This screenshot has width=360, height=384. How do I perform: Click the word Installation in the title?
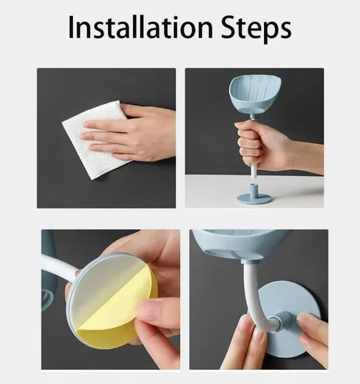click(x=141, y=27)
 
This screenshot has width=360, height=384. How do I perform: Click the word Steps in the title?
click(x=256, y=28)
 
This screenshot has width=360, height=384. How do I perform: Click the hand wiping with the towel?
click(x=130, y=132)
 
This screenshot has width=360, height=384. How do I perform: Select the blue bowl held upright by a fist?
click(x=255, y=94)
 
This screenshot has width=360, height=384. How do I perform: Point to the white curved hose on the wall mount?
click(x=252, y=294)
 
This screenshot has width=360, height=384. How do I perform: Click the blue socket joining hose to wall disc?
click(x=285, y=320)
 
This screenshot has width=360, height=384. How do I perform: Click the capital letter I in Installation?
click(x=71, y=27)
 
